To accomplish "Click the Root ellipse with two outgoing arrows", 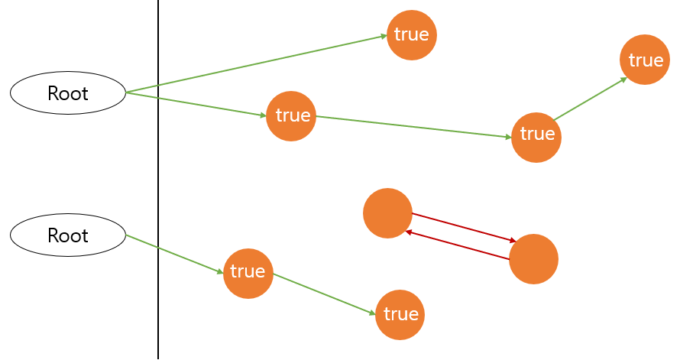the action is [67, 93].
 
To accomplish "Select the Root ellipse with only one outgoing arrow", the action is [67, 235].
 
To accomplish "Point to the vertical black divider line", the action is [158, 180].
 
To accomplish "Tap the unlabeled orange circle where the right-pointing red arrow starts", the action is [387, 213].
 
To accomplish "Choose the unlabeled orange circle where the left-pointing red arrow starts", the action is [533, 259].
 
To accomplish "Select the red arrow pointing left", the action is [458, 245].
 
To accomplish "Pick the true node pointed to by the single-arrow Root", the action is [248, 272].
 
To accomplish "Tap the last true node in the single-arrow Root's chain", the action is [400, 314].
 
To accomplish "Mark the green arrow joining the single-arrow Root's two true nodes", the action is [324, 294].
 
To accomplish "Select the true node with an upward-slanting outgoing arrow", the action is [536, 137].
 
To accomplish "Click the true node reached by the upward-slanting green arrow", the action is [644, 60].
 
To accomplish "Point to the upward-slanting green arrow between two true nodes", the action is [590, 98].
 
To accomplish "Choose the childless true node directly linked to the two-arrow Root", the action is [411, 34].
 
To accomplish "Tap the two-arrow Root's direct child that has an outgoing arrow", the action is [291, 115].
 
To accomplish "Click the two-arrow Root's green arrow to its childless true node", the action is [256, 64].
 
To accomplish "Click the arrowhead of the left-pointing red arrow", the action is [409, 232].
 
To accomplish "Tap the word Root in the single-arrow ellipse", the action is [67, 235].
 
